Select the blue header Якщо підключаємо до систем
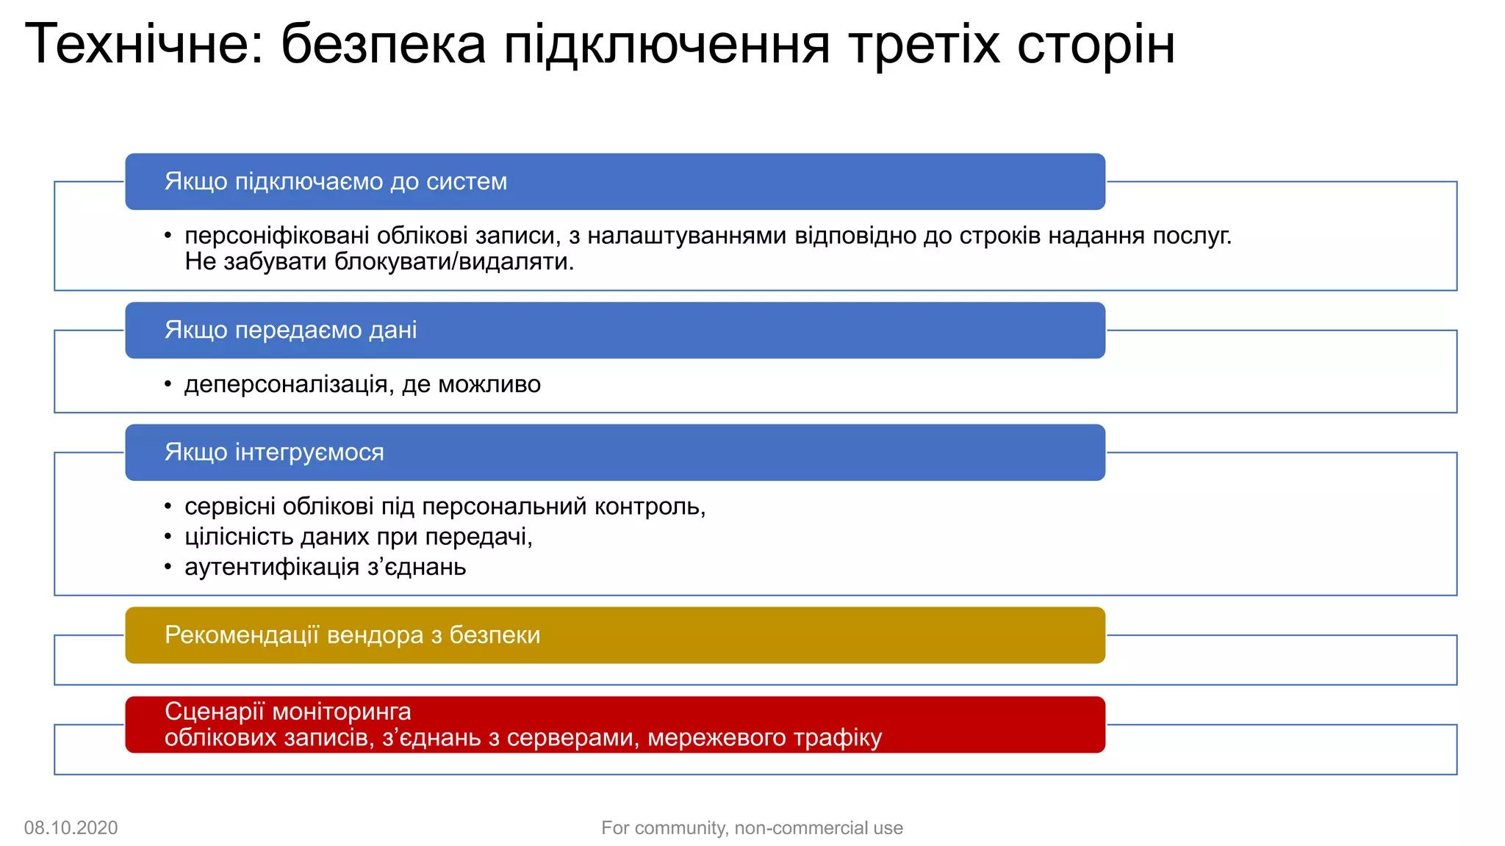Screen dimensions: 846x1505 click(614, 181)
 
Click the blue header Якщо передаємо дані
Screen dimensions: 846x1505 click(614, 330)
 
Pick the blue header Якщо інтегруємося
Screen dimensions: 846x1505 click(614, 452)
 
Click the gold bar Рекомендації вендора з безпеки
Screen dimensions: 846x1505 click(614, 634)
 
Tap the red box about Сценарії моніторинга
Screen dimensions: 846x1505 click(614, 724)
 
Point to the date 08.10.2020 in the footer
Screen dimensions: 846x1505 click(71, 828)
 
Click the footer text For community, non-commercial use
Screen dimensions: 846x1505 click(752, 828)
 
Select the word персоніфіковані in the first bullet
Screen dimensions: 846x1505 click(277, 236)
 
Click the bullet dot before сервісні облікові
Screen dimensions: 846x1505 click(168, 506)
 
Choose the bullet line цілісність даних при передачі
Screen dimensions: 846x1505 click(358, 537)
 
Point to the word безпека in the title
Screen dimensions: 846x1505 click(383, 44)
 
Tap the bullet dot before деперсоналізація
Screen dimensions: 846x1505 click(168, 384)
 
